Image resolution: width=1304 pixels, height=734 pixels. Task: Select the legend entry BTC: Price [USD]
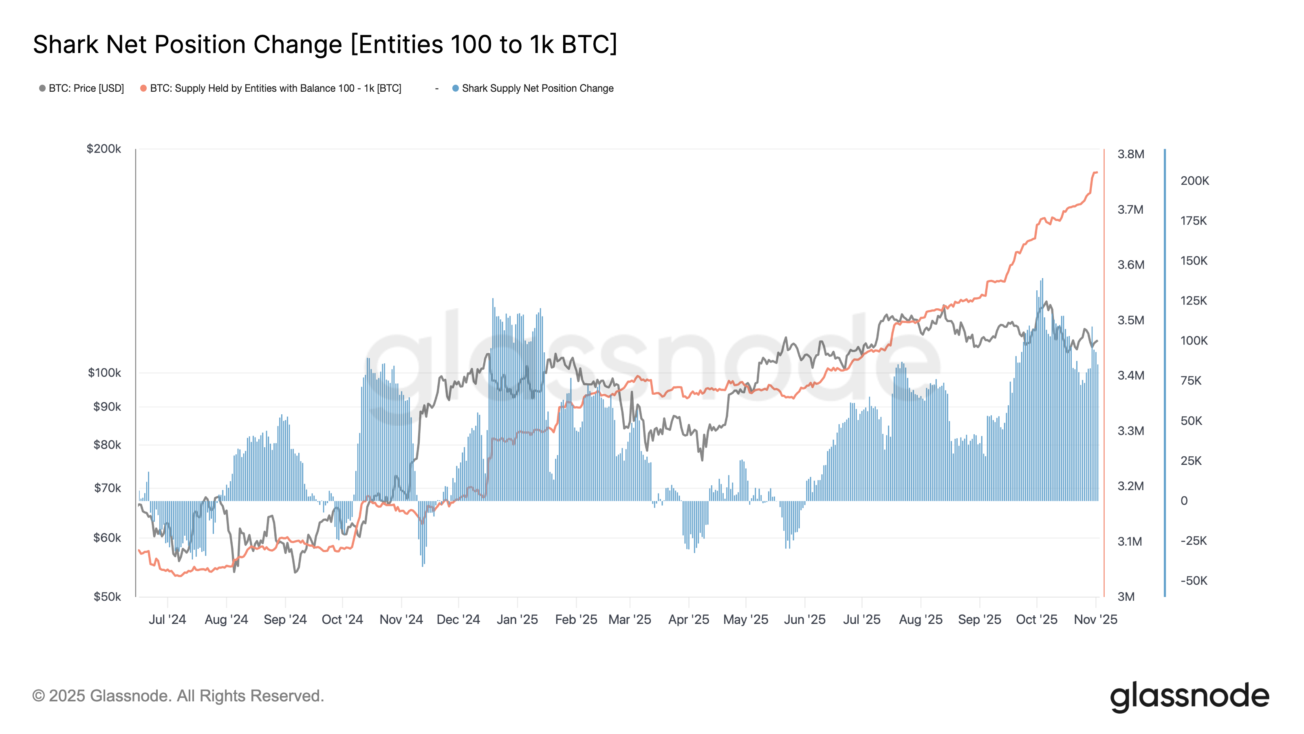[x=86, y=88]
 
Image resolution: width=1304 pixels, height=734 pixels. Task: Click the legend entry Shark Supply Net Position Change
[x=537, y=88]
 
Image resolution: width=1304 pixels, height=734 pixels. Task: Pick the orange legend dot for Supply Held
[x=144, y=88]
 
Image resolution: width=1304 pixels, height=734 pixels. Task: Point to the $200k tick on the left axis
[x=104, y=149]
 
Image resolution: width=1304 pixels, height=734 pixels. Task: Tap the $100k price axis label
[x=104, y=373]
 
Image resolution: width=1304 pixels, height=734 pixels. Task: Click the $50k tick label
[x=107, y=597]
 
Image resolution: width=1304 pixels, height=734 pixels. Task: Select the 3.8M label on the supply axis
[x=1130, y=154]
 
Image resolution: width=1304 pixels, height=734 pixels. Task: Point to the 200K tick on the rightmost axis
[x=1194, y=181]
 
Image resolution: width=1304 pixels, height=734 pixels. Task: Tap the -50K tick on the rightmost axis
[x=1193, y=581]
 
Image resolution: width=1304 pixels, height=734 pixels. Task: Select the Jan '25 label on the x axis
[x=517, y=619]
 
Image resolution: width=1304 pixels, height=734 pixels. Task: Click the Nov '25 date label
[x=1095, y=619]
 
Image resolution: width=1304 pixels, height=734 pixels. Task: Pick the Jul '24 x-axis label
[x=167, y=619]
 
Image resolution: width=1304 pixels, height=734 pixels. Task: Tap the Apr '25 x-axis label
[x=688, y=619]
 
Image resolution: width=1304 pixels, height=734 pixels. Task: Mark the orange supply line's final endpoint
[x=1097, y=173]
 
